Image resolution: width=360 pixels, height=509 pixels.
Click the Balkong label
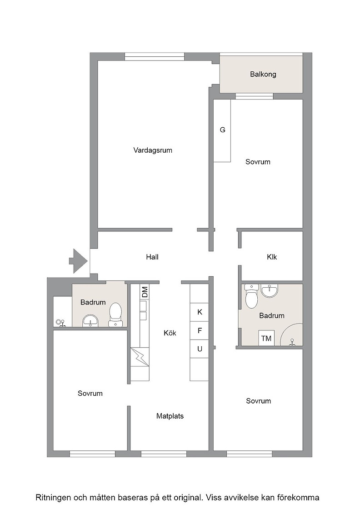(263, 75)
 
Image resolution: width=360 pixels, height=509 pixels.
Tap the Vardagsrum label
(153, 150)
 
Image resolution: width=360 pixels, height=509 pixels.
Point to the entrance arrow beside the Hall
(78, 261)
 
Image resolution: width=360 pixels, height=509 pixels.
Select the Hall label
(152, 257)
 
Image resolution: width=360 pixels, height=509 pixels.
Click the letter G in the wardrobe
(222, 130)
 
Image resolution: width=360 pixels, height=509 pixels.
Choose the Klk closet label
(272, 257)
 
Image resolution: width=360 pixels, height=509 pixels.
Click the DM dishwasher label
(145, 292)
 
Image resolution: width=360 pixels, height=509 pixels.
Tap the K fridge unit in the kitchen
(200, 312)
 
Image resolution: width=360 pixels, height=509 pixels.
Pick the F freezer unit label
(200, 331)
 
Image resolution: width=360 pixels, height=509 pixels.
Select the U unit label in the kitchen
(200, 349)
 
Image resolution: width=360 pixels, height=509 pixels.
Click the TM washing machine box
(266, 338)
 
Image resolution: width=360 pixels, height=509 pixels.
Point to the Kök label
(170, 333)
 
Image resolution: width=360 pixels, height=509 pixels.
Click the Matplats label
(170, 416)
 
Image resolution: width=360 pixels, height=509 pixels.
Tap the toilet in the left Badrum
(115, 314)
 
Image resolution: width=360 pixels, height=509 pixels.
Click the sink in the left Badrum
(90, 321)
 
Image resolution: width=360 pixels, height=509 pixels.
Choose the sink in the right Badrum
(270, 291)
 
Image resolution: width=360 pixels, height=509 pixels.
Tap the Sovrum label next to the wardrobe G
(258, 162)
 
